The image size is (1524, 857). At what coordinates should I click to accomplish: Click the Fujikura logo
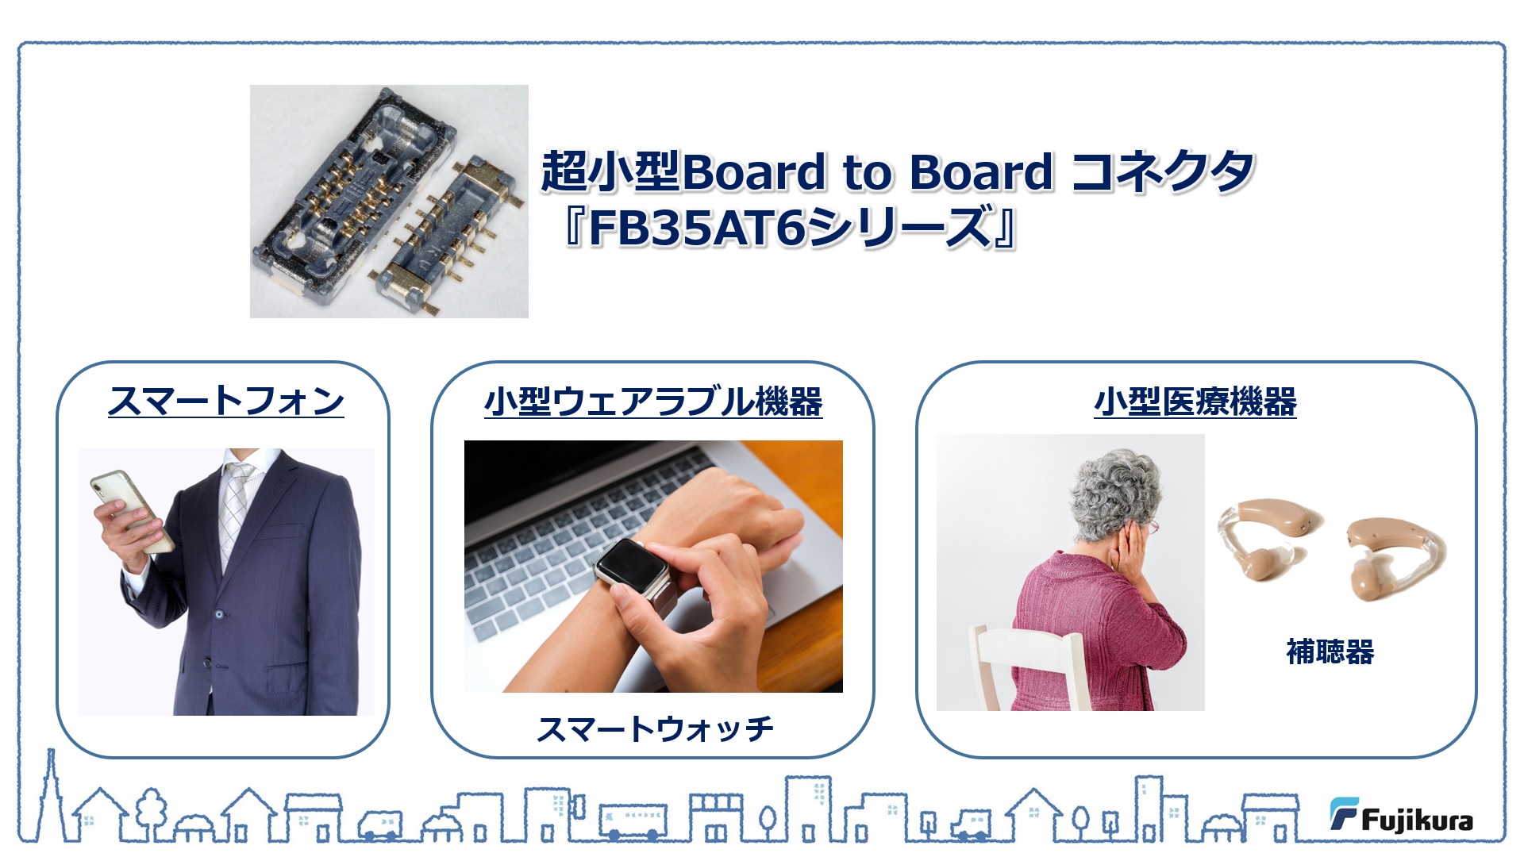tap(1401, 816)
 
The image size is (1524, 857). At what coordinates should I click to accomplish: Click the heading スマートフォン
tap(226, 401)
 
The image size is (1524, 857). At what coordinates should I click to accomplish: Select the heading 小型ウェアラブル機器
tap(653, 402)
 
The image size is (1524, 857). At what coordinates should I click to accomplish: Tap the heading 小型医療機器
tap(1195, 402)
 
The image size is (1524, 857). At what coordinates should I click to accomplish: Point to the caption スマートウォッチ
tap(655, 728)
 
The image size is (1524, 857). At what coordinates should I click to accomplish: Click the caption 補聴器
tap(1330, 651)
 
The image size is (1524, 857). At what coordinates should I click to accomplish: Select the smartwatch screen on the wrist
tap(629, 564)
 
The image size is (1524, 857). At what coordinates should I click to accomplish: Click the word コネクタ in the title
tap(1162, 171)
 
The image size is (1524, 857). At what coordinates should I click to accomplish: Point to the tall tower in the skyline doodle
tap(51, 794)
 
